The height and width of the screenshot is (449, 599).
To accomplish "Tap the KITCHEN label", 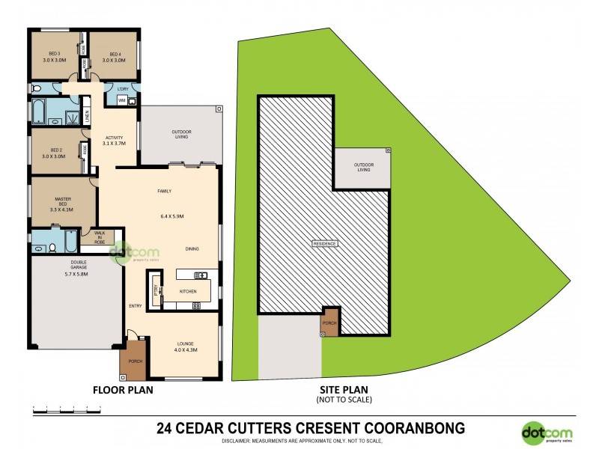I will click(x=188, y=291).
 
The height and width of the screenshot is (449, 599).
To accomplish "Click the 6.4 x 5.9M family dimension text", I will click(x=172, y=216).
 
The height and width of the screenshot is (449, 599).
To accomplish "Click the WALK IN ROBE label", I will click(x=99, y=238).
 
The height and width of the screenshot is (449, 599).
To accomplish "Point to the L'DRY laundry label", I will click(x=123, y=90).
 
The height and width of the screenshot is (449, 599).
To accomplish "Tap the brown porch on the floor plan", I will click(x=136, y=361).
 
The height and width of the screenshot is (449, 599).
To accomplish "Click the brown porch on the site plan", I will click(x=330, y=321).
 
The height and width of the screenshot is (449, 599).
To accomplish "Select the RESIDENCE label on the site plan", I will click(x=324, y=244).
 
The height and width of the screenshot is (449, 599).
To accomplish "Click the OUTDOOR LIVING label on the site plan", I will click(x=363, y=167).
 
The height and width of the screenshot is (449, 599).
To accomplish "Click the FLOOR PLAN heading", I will click(x=124, y=390).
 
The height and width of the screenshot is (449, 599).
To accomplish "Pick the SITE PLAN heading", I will click(x=342, y=390).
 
